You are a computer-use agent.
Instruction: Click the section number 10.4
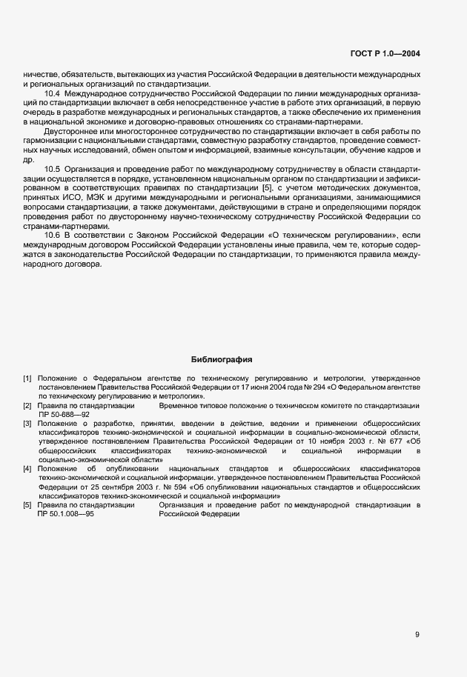click(x=53, y=94)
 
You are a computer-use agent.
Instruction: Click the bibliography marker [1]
click(x=27, y=378)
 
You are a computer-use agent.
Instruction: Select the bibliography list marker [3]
click(x=27, y=424)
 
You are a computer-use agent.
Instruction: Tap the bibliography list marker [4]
click(x=27, y=469)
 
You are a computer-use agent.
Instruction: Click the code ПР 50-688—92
click(x=64, y=415)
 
